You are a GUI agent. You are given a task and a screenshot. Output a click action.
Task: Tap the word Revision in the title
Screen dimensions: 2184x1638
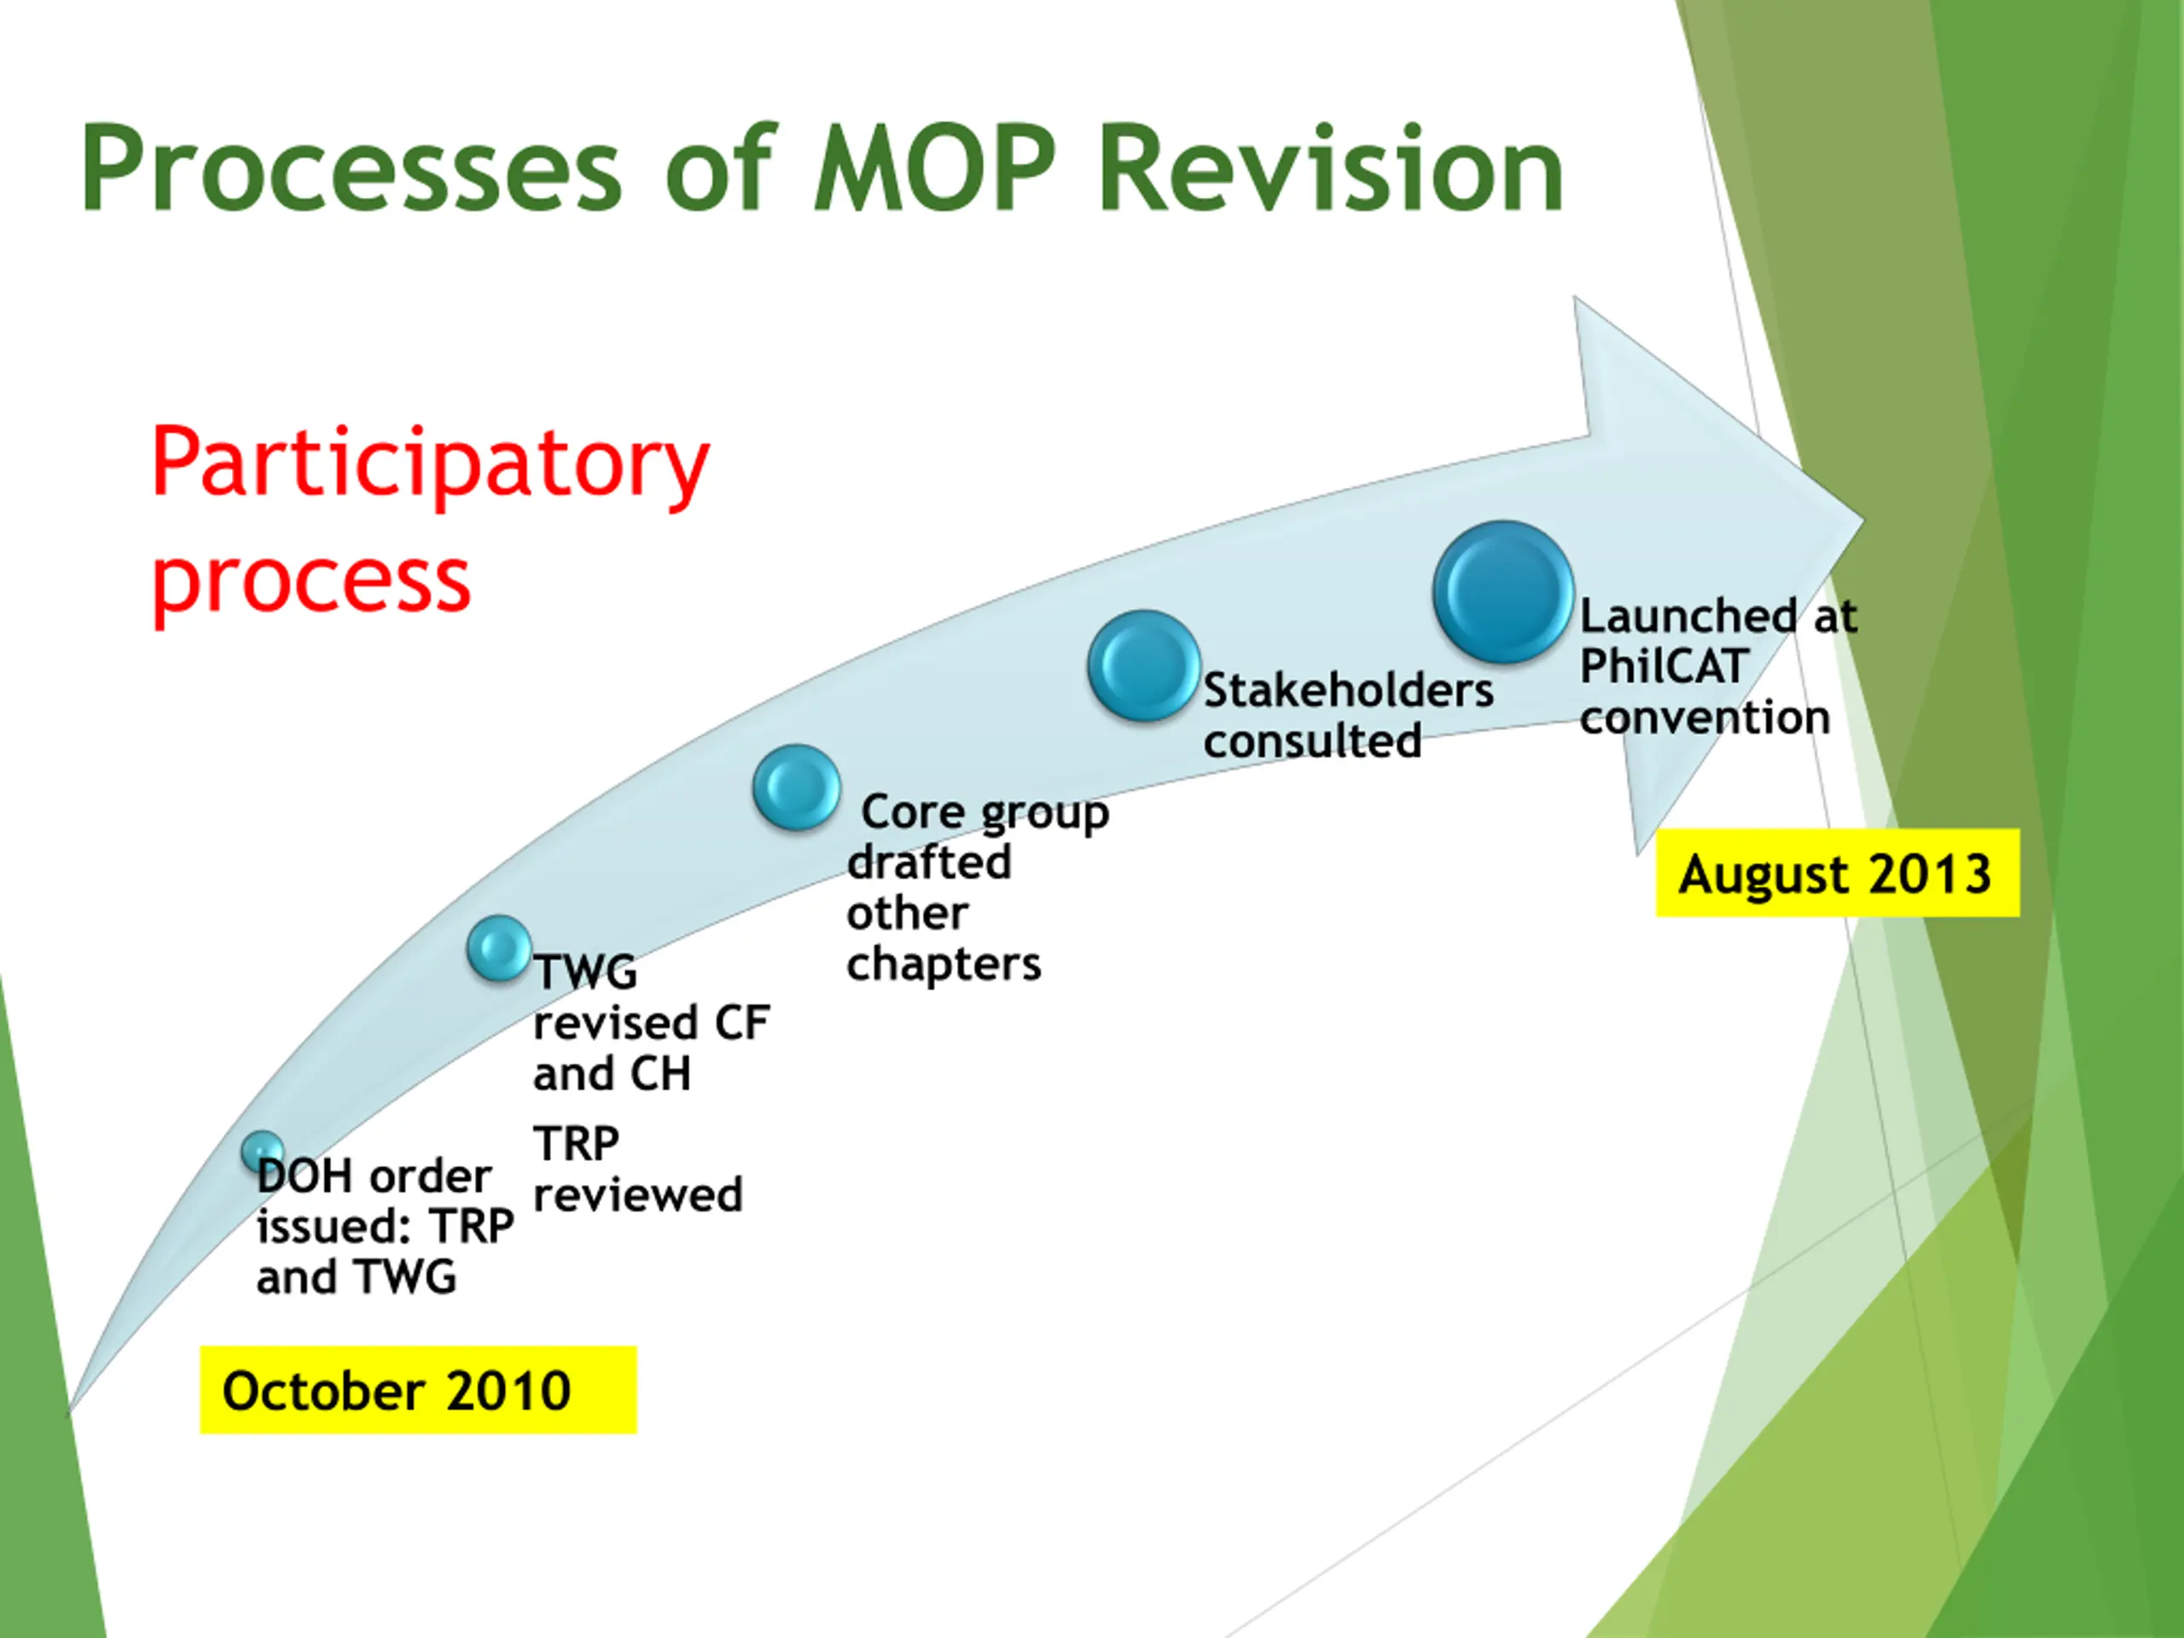click(x=1330, y=168)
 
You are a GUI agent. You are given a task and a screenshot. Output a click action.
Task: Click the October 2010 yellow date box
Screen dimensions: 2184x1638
click(x=418, y=1391)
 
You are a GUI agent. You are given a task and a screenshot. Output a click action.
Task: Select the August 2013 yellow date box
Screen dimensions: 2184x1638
click(x=1837, y=874)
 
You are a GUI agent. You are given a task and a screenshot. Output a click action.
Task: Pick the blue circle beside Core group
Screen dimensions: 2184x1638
click(x=797, y=787)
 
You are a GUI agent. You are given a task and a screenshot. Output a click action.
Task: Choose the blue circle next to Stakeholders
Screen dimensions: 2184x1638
click(x=1143, y=665)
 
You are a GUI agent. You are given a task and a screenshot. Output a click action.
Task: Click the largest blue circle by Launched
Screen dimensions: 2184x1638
click(x=1502, y=592)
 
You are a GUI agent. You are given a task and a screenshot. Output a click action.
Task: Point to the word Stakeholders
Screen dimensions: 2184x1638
click(x=1348, y=690)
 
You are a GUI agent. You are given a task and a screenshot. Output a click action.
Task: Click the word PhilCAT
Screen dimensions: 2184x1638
click(x=1664, y=666)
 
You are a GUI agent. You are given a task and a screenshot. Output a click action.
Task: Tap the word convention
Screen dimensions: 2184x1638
click(x=1705, y=717)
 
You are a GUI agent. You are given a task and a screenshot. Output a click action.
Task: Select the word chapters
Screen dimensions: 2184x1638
click(x=943, y=965)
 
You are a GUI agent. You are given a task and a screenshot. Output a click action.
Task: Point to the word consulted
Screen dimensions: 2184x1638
click(x=1312, y=741)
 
